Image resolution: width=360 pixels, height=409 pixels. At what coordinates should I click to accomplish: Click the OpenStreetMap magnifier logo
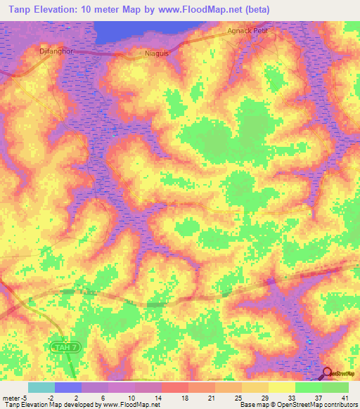point(328,372)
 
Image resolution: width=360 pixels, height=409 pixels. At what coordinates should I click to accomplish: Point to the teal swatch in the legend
point(41,387)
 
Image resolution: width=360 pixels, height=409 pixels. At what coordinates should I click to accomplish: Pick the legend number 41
point(344,397)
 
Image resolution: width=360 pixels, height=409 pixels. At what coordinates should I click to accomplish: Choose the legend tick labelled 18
point(184,397)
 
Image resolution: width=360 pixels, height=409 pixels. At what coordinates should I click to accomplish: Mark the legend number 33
point(290,397)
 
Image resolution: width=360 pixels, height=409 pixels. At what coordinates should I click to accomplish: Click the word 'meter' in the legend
point(11,397)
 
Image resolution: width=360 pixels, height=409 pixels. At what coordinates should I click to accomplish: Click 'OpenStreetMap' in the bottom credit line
point(292,405)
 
